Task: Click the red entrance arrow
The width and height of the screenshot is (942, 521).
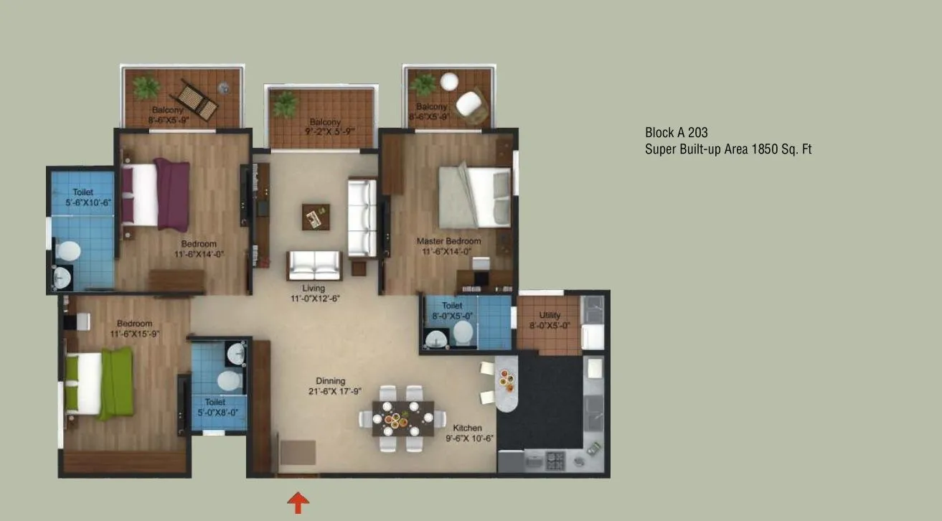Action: pyautogui.click(x=298, y=502)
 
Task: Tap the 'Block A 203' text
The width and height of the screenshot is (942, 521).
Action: pyautogui.click(x=676, y=133)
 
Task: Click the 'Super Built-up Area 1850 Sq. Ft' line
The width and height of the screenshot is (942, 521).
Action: pyautogui.click(x=727, y=149)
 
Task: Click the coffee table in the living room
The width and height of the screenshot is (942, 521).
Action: pyautogui.click(x=316, y=217)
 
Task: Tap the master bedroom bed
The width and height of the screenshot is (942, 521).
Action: pyautogui.click(x=474, y=196)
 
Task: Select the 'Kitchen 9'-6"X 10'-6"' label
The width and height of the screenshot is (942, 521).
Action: pyautogui.click(x=467, y=433)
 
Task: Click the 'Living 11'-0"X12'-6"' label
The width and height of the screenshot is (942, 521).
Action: pyautogui.click(x=313, y=293)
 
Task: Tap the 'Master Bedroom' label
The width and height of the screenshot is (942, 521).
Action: pyautogui.click(x=448, y=241)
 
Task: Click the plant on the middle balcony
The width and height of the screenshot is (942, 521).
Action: pyautogui.click(x=285, y=105)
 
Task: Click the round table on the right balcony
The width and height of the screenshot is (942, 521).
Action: pyautogui.click(x=449, y=81)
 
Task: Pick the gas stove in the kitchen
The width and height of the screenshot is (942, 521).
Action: pyautogui.click(x=556, y=460)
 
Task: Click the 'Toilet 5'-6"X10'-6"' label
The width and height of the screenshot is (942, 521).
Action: pyautogui.click(x=82, y=197)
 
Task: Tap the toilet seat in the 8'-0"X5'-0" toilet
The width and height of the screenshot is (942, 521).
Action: pyautogui.click(x=463, y=332)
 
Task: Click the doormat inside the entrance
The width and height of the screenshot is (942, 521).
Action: pyautogui.click(x=297, y=453)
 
